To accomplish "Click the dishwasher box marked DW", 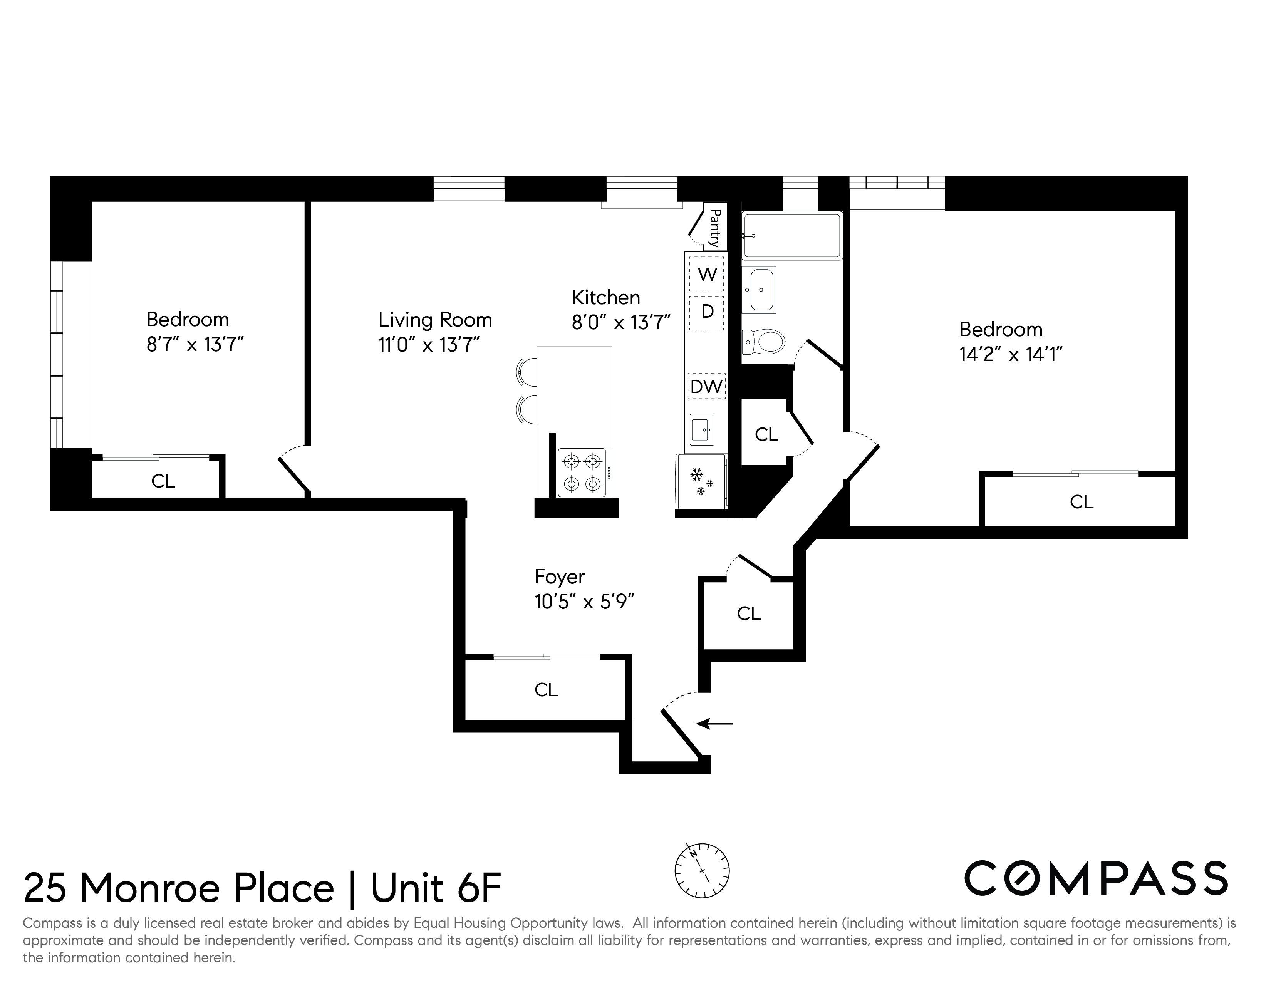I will [x=706, y=386].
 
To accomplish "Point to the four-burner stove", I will [x=582, y=473].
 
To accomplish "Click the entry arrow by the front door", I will [x=714, y=724].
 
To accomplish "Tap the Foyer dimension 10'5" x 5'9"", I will [x=584, y=602].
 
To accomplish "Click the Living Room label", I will [x=435, y=320].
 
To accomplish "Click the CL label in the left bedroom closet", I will [x=163, y=481].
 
